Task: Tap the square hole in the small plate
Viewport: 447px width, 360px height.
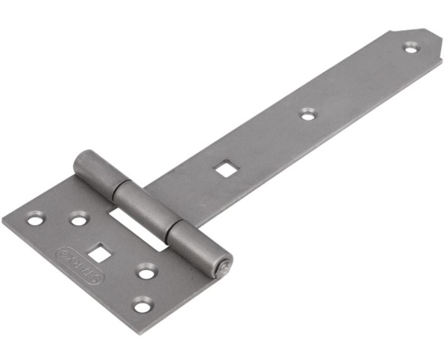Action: tap(98, 254)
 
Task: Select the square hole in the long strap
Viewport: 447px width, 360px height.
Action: tap(222, 168)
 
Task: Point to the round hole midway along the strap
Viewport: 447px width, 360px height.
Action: tap(308, 115)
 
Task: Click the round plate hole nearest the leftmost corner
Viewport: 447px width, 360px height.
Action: tap(35, 220)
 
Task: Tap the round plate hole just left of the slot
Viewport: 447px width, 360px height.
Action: tap(78, 220)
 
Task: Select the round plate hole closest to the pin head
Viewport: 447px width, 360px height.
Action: tap(146, 273)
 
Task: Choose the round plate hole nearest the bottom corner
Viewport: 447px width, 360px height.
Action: tap(142, 306)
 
